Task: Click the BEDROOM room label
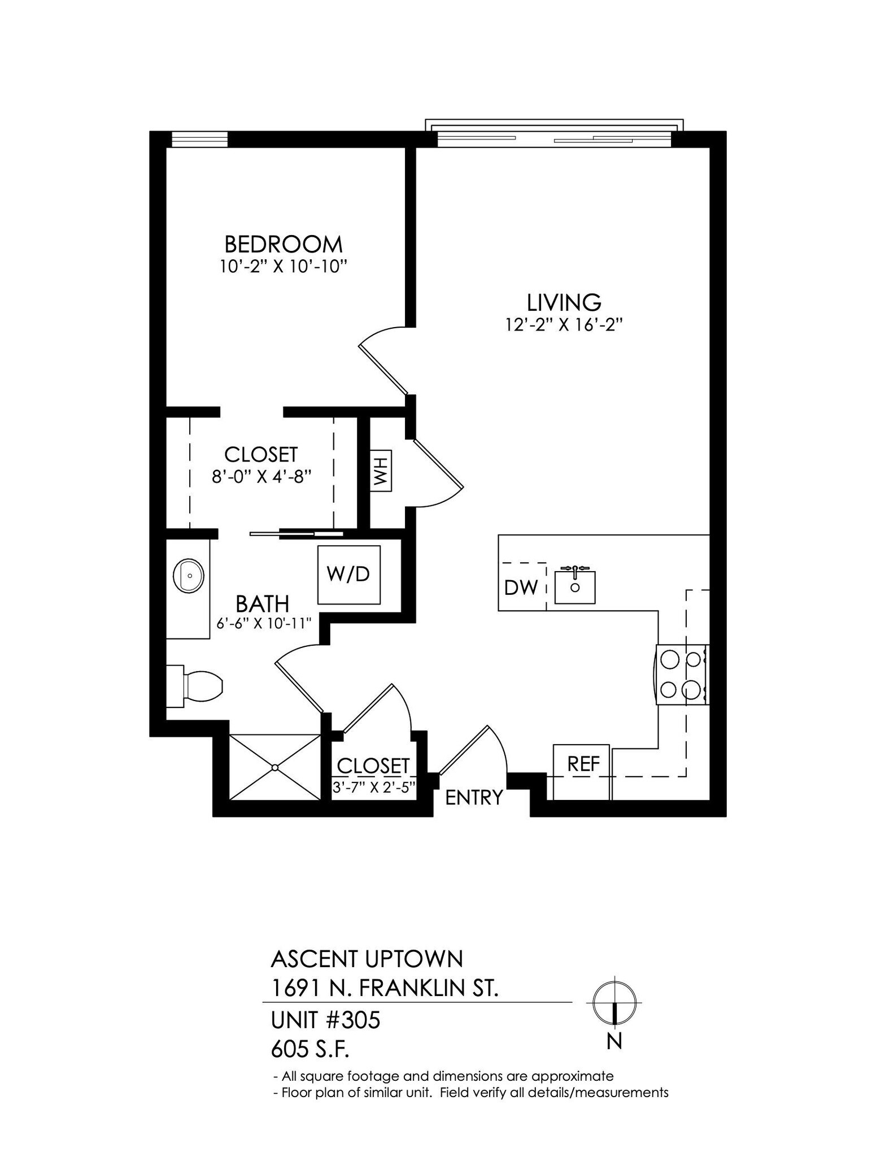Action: coord(284,245)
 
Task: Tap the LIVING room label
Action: coord(564,303)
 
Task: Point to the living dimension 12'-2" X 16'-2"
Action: coord(564,325)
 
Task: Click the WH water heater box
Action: coord(381,471)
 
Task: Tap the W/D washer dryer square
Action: coord(348,575)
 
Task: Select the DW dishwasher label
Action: coord(521,588)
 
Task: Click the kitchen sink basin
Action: coord(575,588)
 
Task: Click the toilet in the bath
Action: coord(198,686)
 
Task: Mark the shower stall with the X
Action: coord(274,767)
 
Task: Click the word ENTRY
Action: coord(473,797)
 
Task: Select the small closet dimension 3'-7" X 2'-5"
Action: coord(374,787)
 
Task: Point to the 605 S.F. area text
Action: coord(310,1050)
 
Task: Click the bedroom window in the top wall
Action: coord(199,139)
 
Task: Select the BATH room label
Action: coord(262,604)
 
